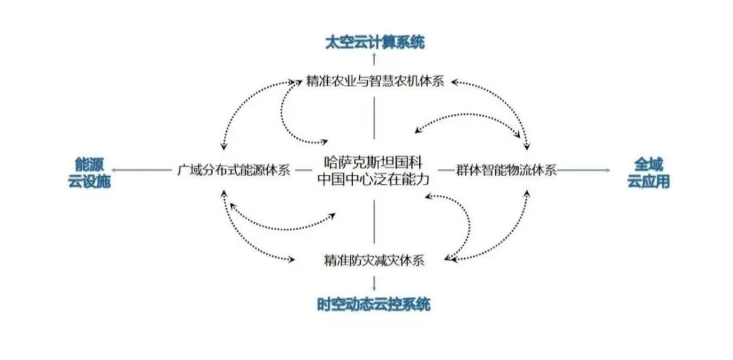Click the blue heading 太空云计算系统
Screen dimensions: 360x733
(x=374, y=42)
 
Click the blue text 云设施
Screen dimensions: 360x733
(x=90, y=180)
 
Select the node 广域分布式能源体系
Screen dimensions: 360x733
(x=233, y=171)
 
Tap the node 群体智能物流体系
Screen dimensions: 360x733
(x=506, y=170)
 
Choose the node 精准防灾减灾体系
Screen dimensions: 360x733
(x=374, y=260)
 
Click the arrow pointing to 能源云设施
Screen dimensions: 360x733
(x=144, y=170)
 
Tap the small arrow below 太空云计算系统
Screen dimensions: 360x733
(x=374, y=58)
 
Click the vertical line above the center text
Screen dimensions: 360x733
(x=374, y=117)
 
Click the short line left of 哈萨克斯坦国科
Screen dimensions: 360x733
(x=303, y=170)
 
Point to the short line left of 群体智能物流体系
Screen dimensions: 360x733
(x=445, y=170)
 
